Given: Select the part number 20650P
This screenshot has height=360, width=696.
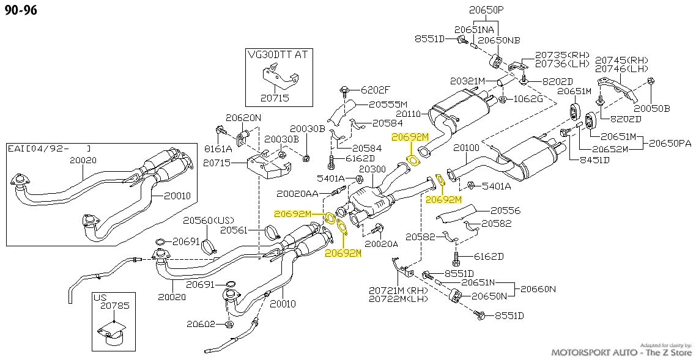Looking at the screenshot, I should [x=487, y=9].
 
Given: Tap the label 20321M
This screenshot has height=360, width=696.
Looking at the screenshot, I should [x=467, y=81].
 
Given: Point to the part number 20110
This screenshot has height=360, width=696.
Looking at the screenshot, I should [x=409, y=114].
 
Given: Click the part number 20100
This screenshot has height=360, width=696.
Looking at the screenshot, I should [x=467, y=149].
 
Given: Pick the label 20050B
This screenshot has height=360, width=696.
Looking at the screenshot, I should [x=652, y=108].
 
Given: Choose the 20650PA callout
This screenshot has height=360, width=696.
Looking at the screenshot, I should [x=670, y=143].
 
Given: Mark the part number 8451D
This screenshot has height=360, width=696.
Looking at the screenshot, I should [x=594, y=160].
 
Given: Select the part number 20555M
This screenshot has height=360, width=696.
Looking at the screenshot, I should [x=388, y=105].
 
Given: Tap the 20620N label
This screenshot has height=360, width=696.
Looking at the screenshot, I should [x=243, y=117].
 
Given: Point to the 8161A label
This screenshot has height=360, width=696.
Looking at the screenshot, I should [x=218, y=149].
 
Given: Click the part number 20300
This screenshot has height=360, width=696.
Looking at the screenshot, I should [x=372, y=169].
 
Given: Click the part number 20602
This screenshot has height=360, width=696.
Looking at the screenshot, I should [x=201, y=324].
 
